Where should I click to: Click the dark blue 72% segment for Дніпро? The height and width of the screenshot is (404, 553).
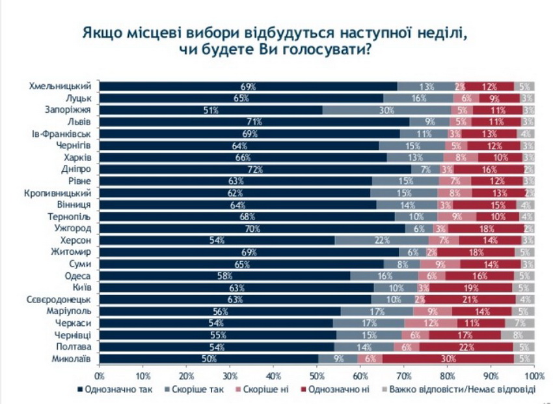[x=257, y=169]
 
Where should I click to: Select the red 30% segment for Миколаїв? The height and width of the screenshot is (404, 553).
[x=448, y=358]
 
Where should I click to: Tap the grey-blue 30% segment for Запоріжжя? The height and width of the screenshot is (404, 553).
[x=386, y=110]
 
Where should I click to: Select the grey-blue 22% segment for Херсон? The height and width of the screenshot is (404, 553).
[x=382, y=240]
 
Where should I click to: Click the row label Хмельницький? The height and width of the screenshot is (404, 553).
[x=64, y=87]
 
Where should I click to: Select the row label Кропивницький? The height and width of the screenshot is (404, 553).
[x=62, y=193]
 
